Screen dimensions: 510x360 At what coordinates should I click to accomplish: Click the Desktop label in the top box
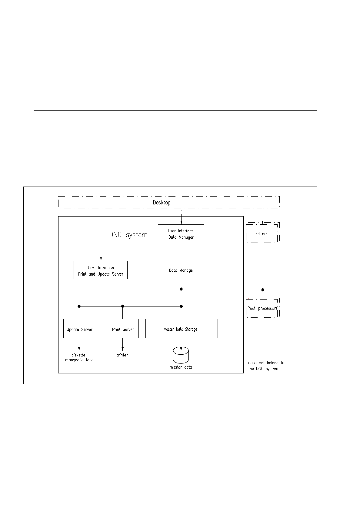162,203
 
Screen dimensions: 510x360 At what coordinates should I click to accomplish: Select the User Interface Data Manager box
181,234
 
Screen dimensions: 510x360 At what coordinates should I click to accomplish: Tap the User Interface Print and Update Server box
101,270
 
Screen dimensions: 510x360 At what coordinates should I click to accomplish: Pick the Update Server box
79,329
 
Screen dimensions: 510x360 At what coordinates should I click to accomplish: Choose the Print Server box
123,329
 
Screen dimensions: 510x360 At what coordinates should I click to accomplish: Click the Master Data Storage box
182,329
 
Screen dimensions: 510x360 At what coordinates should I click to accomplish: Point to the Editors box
262,233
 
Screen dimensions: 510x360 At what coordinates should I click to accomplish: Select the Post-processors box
262,308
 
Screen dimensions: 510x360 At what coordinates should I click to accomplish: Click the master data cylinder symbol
181,356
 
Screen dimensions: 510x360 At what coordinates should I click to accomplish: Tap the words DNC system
128,235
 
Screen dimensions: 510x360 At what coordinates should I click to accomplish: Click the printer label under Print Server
122,355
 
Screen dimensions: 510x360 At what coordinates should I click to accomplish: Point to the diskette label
78,355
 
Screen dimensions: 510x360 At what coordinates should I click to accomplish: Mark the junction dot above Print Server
122,306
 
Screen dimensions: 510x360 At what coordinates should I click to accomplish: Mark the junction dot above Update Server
79,306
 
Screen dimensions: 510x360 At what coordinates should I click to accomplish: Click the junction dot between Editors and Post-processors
263,290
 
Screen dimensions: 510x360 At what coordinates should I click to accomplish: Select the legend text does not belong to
266,363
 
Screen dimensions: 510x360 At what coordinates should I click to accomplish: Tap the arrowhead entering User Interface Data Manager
181,223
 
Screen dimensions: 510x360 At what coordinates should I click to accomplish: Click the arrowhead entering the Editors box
263,222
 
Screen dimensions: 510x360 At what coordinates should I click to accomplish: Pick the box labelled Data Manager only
181,270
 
